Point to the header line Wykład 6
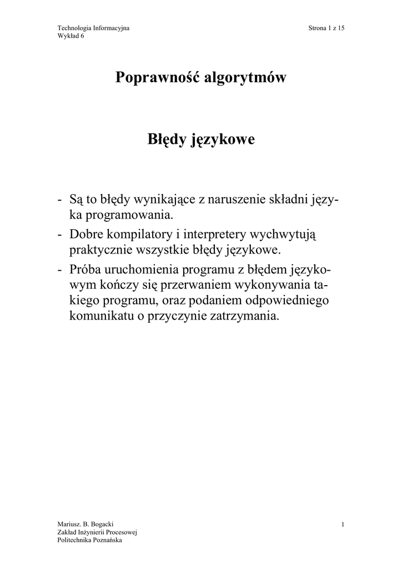click(x=71, y=36)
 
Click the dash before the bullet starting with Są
click(x=59, y=199)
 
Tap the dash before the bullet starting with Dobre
click(x=59, y=235)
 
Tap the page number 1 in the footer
click(x=344, y=524)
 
